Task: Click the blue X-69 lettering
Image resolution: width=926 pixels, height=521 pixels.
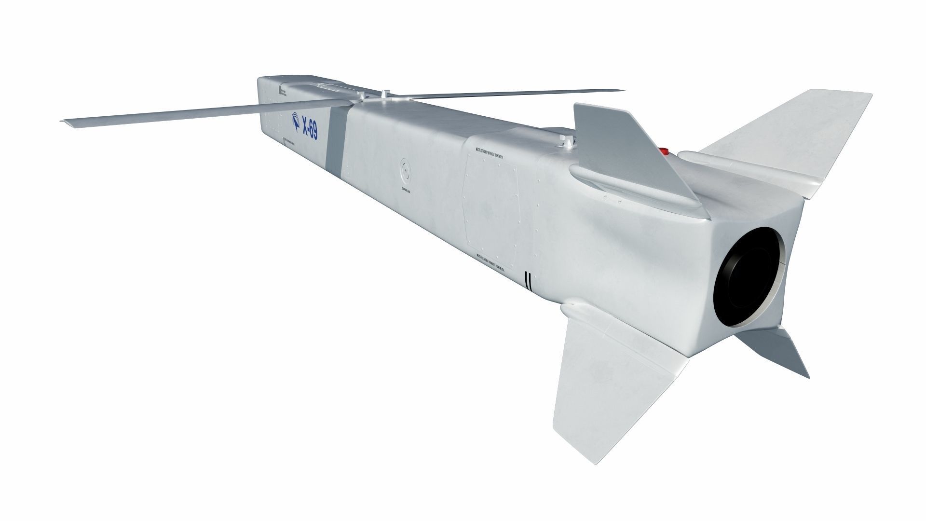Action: [x=309, y=129]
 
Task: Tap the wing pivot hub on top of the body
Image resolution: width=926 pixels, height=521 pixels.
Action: [x=384, y=96]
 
